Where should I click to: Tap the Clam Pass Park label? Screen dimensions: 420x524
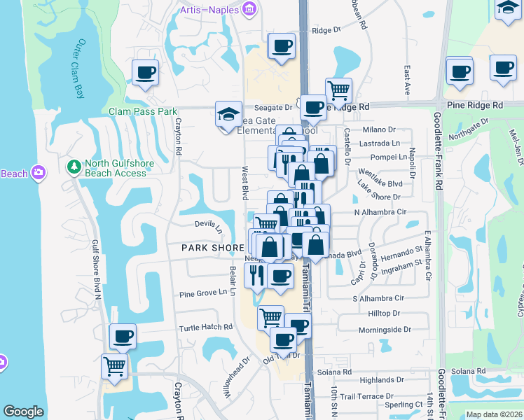point(143,111)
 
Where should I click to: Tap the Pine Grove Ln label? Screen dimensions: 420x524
point(204,294)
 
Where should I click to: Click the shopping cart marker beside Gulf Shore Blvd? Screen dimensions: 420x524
point(114,366)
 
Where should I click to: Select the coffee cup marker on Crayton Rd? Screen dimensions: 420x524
point(145,73)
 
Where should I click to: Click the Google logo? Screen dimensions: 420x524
point(24,412)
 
